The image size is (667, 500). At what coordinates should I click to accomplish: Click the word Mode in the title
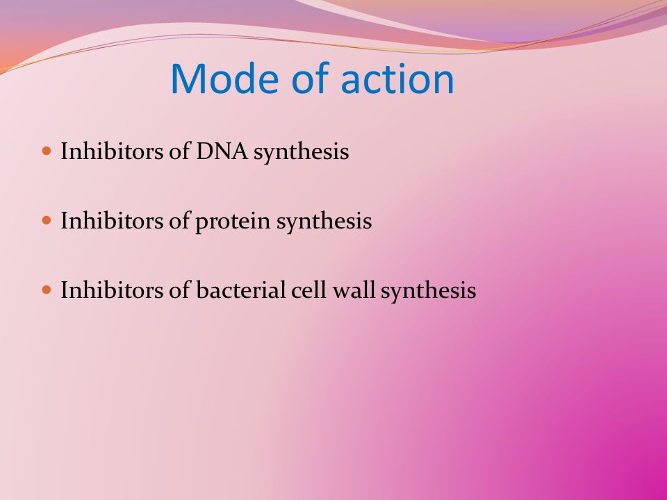tap(224, 78)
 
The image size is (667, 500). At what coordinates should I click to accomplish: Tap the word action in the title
tap(397, 79)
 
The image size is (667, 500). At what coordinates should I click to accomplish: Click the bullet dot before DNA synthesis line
tap(47, 151)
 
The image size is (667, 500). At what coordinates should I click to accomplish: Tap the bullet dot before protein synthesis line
tap(47, 220)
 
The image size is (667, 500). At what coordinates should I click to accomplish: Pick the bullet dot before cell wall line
tap(47, 290)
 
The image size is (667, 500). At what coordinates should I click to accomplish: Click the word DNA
tap(222, 151)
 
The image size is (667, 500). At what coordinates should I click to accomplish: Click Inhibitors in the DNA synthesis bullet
tap(112, 151)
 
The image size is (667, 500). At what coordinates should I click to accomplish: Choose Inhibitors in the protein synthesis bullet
tap(112, 221)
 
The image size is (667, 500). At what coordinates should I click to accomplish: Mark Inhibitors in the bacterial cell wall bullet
tap(112, 290)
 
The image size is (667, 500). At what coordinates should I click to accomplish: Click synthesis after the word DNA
tap(301, 152)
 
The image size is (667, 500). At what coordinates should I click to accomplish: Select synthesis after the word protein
tap(324, 222)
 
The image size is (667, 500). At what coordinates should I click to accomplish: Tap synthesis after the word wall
tap(429, 292)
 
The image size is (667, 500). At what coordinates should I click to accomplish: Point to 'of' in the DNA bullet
tap(179, 151)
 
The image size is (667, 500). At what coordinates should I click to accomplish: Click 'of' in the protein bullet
tap(179, 220)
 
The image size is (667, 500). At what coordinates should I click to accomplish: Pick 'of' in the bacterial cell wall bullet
tap(179, 290)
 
